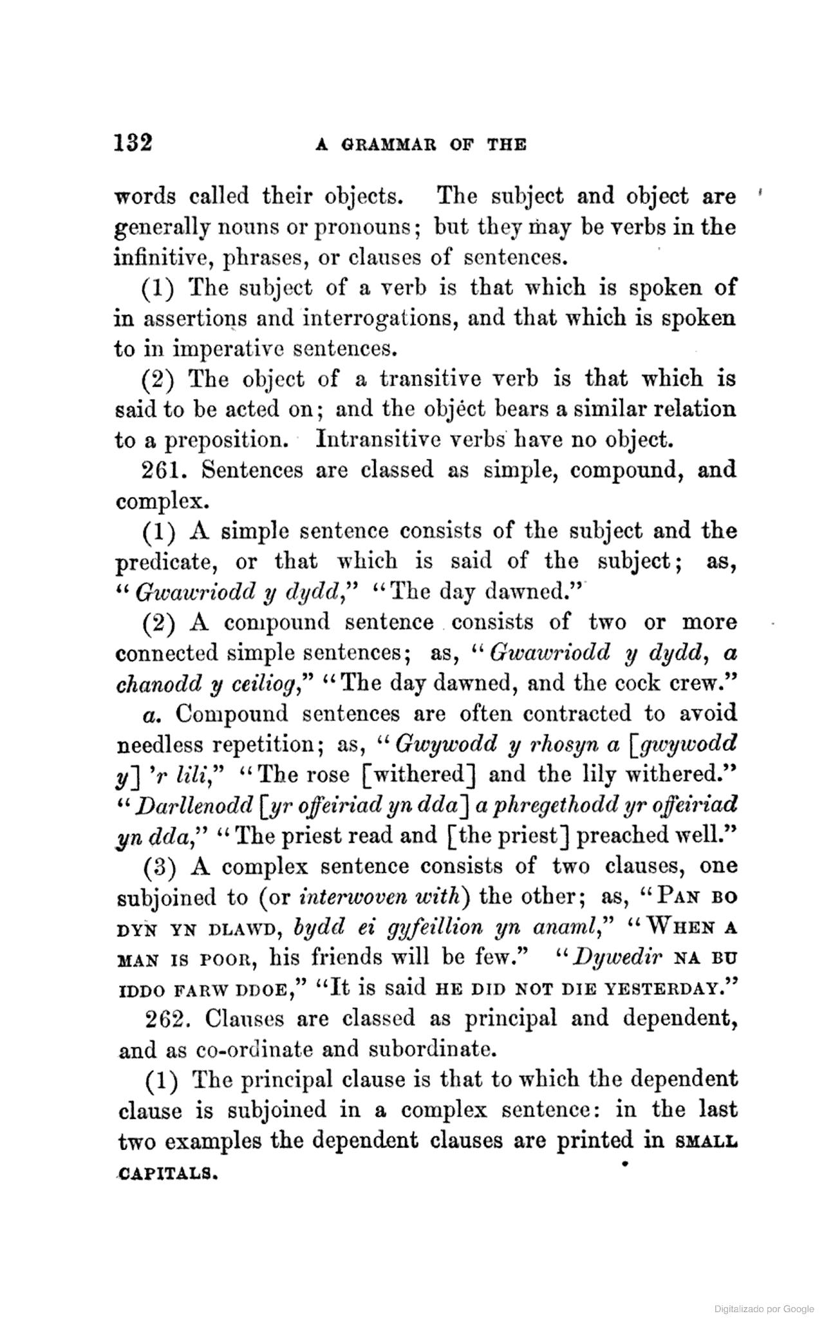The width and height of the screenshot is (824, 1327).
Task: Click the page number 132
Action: (133, 142)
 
